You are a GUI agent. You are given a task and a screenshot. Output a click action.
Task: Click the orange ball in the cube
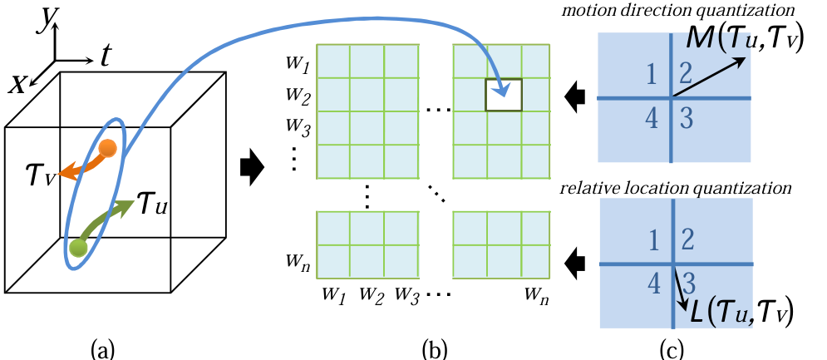point(107,149)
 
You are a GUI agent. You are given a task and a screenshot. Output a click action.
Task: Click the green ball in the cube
point(79,247)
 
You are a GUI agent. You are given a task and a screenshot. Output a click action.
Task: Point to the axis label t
point(106,56)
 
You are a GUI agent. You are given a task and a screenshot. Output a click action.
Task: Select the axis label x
point(18,81)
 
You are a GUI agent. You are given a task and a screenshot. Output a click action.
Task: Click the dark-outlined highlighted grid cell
point(504,95)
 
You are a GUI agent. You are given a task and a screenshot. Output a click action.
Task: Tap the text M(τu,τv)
point(742,39)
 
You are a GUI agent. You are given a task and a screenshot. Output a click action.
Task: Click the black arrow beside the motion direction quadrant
point(573,98)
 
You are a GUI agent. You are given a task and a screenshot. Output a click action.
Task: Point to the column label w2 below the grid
point(369,293)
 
